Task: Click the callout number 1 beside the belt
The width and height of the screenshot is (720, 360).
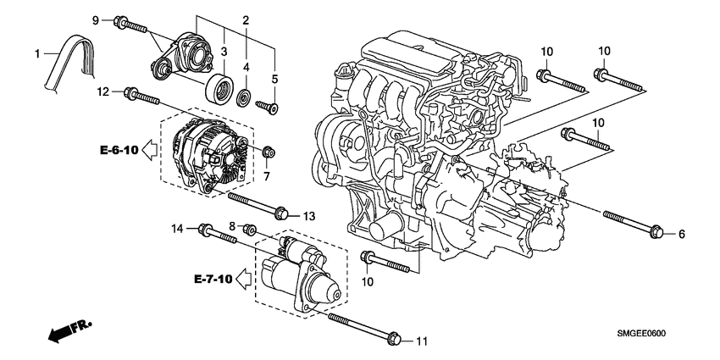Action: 36,54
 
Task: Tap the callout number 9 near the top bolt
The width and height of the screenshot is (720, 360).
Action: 96,19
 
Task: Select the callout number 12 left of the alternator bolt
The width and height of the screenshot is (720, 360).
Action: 102,91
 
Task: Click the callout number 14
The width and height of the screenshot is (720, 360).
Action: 178,228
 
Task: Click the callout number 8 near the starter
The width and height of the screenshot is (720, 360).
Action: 231,225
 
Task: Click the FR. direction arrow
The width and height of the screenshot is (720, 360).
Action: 69,330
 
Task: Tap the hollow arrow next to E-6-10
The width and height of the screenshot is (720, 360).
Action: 150,151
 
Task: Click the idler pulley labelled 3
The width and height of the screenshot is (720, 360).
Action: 220,87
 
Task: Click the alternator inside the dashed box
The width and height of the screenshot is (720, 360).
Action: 207,152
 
